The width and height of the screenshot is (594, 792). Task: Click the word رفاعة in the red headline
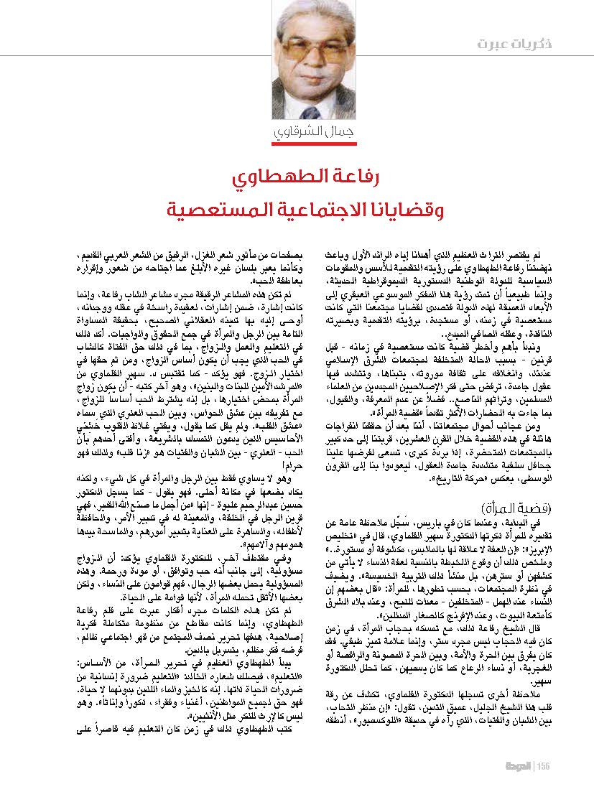click(x=355, y=177)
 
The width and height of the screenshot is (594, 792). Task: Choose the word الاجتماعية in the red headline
click(x=314, y=212)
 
